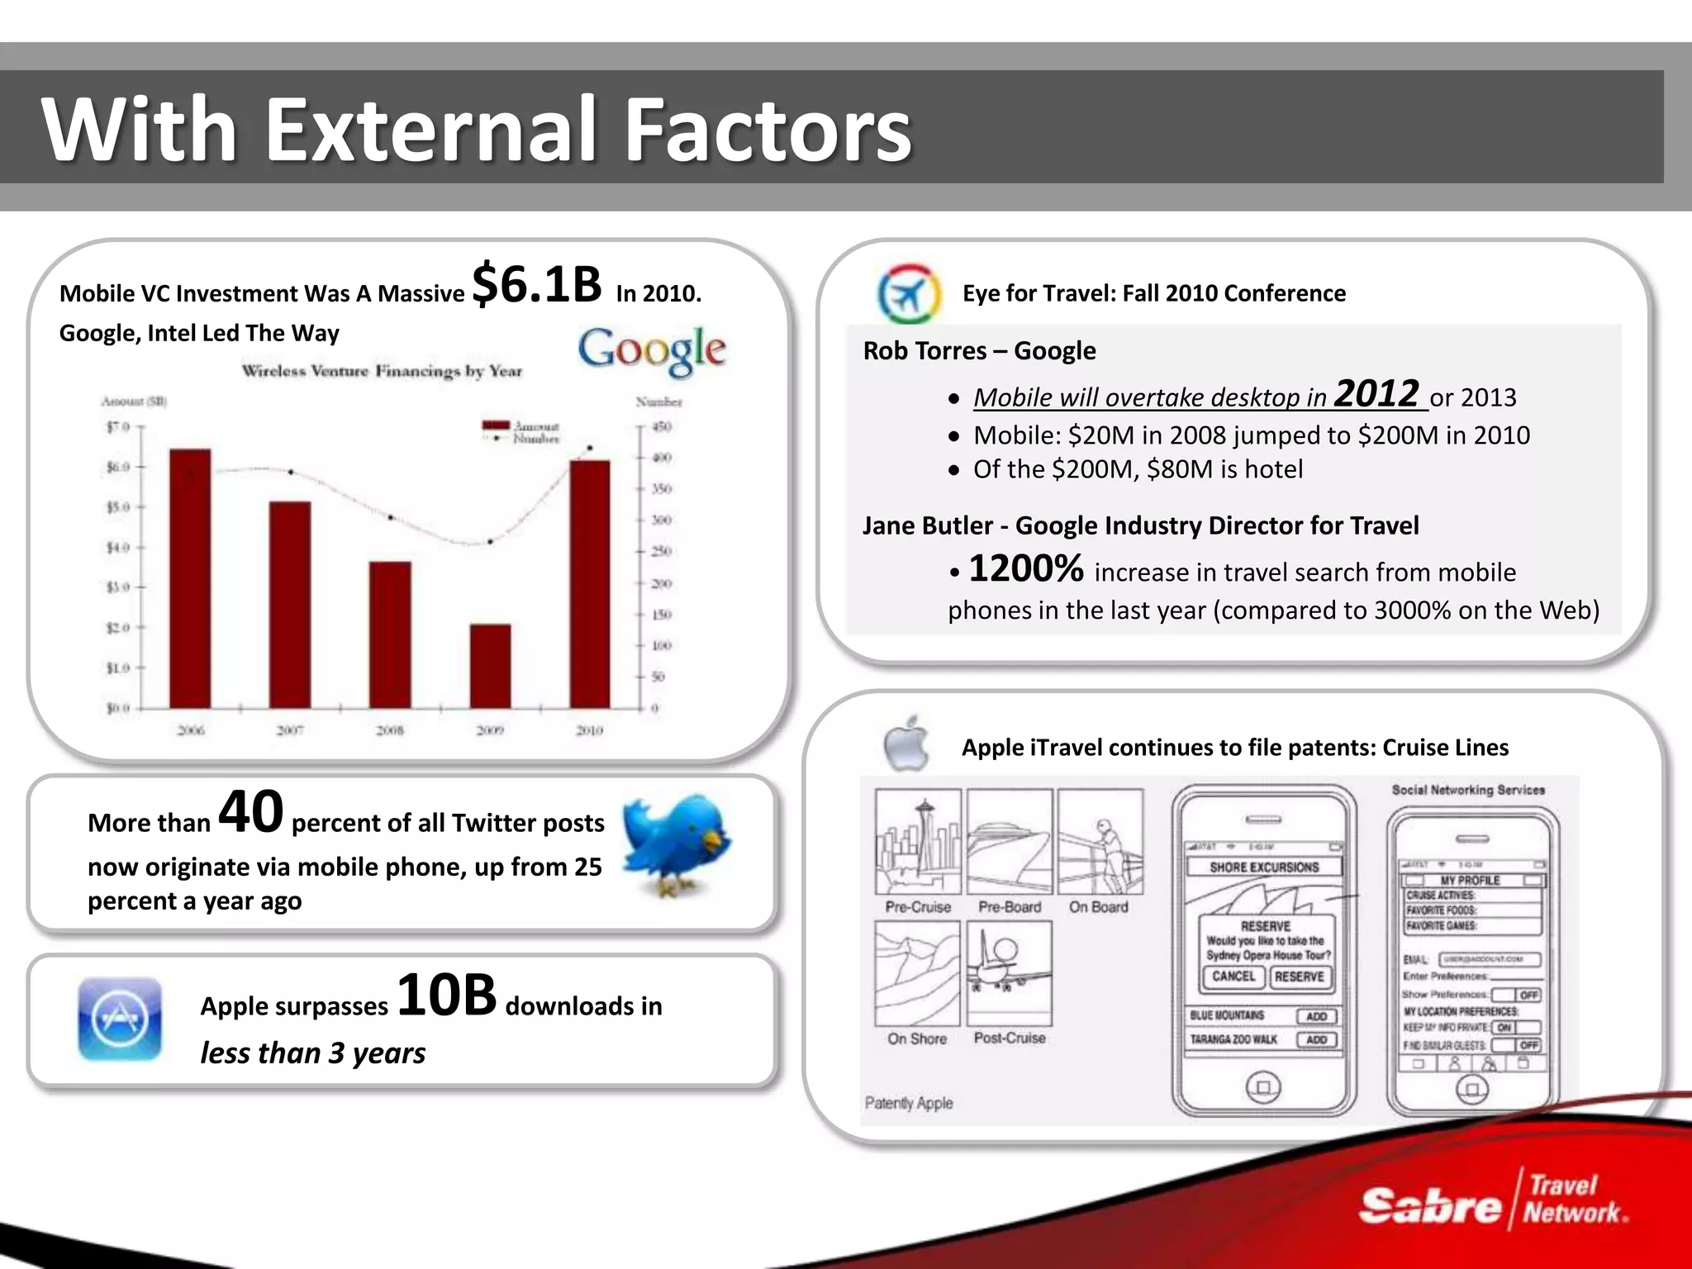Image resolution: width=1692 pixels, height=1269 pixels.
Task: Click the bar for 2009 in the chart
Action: [490, 666]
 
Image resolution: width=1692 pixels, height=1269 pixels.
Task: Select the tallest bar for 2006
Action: [190, 578]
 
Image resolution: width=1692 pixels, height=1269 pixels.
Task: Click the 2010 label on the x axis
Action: [589, 730]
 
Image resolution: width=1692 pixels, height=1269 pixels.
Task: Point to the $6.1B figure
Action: [537, 284]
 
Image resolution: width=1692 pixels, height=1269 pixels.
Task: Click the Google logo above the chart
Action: [652, 350]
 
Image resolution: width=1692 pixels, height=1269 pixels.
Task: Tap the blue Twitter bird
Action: [676, 844]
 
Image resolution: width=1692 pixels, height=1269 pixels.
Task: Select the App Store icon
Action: [120, 1019]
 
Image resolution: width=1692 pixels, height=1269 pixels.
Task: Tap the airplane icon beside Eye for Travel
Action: [908, 293]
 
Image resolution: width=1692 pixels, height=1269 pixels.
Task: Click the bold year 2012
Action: [1376, 393]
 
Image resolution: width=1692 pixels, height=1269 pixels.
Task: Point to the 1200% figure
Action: [1025, 568]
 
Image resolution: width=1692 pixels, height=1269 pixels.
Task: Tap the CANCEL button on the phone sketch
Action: [1233, 977]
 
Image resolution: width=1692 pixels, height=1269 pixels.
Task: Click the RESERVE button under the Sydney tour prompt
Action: [1299, 977]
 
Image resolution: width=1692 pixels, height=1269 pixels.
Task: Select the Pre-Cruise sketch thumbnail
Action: [918, 841]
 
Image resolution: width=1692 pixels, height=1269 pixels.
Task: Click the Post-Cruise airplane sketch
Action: [1010, 973]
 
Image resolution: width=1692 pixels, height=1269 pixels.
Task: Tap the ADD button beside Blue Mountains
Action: [1316, 1016]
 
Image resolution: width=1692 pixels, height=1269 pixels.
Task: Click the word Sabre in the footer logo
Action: [1429, 1206]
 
